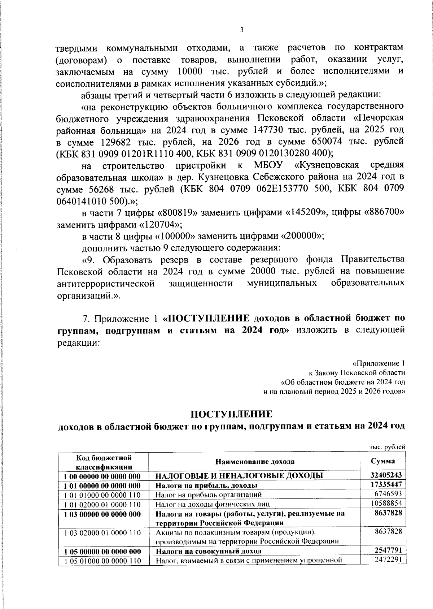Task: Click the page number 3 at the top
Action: pyautogui.click(x=241, y=30)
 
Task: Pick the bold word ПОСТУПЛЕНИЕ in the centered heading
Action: pyautogui.click(x=231, y=414)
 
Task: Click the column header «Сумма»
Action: pyautogui.click(x=382, y=461)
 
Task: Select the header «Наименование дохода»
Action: pyautogui.click(x=255, y=462)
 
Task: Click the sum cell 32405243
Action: pyautogui.click(x=385, y=475)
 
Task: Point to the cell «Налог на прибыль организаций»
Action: pyautogui.click(x=209, y=494)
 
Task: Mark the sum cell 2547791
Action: pyautogui.click(x=388, y=550)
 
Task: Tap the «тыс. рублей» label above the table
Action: pyautogui.click(x=388, y=447)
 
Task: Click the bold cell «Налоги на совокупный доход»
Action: pyautogui.click(x=208, y=551)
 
